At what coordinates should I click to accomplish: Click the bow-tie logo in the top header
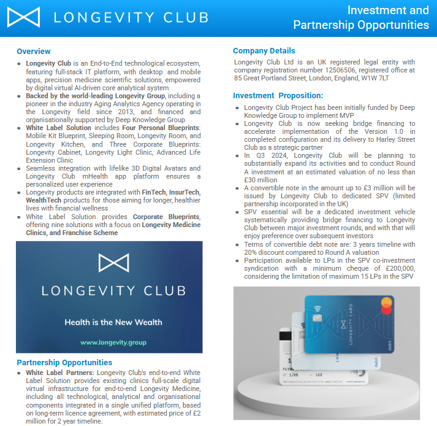[23, 17]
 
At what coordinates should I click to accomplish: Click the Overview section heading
[34, 51]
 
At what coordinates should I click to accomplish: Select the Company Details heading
[264, 51]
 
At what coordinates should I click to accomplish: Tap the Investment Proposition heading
[278, 96]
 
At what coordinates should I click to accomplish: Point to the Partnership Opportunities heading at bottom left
[64, 363]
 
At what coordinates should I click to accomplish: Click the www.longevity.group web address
[109, 342]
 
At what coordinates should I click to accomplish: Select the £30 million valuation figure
[256, 180]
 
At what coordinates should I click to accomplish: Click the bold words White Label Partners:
[60, 373]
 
